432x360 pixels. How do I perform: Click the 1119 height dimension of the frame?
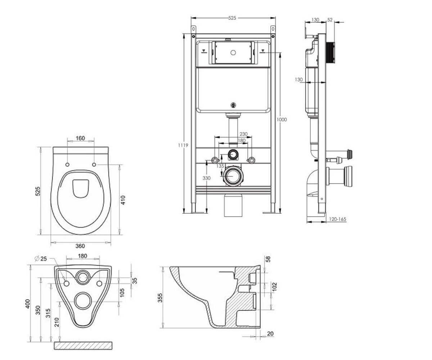(x=183, y=145)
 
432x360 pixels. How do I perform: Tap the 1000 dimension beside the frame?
(x=282, y=120)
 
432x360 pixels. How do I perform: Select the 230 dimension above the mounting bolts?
(x=243, y=134)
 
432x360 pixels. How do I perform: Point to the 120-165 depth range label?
(x=337, y=219)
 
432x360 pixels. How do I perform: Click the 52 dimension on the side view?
(x=330, y=20)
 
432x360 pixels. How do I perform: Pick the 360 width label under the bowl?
(x=80, y=246)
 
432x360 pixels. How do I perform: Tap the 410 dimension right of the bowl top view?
(x=123, y=200)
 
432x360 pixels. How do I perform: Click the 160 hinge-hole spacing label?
(x=80, y=138)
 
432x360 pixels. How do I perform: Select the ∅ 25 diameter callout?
(x=41, y=258)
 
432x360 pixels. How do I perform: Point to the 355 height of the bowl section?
(x=160, y=298)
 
